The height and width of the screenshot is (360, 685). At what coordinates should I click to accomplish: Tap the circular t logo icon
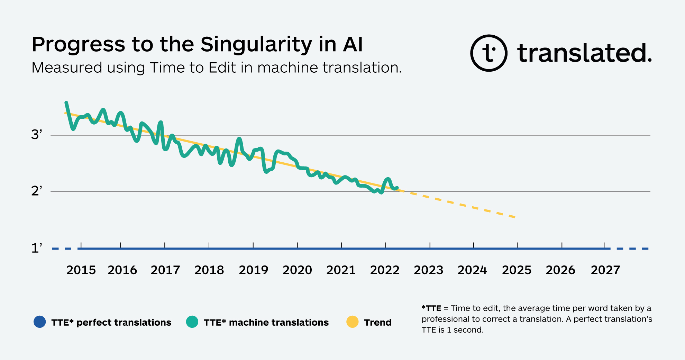click(x=488, y=53)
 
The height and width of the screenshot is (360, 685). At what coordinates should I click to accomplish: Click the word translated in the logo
click(x=584, y=53)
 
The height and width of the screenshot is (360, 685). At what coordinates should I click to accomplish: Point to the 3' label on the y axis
click(x=37, y=134)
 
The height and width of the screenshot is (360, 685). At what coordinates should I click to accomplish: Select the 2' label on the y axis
click(x=37, y=191)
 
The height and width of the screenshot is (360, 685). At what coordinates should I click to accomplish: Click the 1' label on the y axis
click(x=37, y=248)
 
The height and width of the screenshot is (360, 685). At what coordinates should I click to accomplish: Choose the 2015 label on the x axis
click(x=81, y=270)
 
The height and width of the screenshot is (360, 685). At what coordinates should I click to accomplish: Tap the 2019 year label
click(x=253, y=270)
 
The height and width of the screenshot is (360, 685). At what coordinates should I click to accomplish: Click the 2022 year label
click(x=385, y=270)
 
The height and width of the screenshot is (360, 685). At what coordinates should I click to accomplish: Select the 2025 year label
click(x=517, y=270)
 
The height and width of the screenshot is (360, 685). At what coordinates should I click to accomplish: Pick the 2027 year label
click(x=605, y=270)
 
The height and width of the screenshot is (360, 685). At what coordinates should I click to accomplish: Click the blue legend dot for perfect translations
click(x=40, y=322)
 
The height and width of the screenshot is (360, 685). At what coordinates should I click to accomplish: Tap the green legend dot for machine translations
click(x=192, y=322)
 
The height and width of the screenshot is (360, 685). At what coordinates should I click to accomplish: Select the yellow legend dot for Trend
click(x=352, y=322)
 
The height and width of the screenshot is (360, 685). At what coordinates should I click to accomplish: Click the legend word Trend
click(x=377, y=322)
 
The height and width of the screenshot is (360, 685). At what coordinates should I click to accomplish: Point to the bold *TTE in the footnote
click(x=431, y=308)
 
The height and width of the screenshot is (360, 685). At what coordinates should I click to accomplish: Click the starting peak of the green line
click(x=66, y=102)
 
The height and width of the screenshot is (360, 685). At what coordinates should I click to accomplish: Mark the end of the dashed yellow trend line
click(x=515, y=217)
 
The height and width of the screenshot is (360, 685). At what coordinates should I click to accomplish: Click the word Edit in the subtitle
click(x=222, y=67)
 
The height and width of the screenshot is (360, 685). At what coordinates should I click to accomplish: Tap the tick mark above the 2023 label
click(x=430, y=245)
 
